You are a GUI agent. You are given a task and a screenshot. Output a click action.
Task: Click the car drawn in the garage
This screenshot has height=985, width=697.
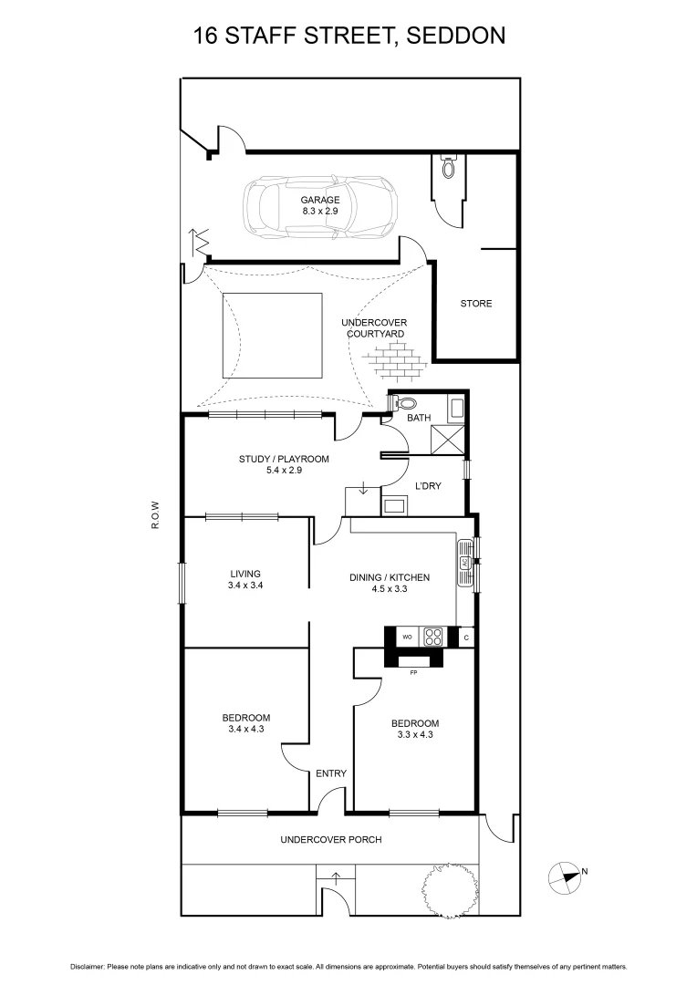tap(320, 207)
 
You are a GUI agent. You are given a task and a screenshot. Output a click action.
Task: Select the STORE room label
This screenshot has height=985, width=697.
tap(475, 304)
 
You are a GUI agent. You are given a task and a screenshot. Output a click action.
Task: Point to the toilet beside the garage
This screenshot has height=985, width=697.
tap(448, 168)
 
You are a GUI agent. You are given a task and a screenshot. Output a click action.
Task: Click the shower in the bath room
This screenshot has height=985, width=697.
tap(448, 441)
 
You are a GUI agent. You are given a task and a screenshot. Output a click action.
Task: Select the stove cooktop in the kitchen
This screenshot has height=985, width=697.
tap(432, 638)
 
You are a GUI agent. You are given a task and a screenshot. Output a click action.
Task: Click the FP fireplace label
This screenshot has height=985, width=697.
tap(413, 672)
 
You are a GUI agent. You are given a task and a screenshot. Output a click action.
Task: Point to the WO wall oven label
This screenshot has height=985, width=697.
tap(407, 638)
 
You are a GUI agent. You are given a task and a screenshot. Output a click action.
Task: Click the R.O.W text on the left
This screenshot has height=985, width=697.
tap(157, 516)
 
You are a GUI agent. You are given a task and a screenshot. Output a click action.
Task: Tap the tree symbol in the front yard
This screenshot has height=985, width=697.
tap(447, 886)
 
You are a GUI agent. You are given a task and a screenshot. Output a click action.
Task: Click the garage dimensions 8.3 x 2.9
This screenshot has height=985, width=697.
tap(320, 212)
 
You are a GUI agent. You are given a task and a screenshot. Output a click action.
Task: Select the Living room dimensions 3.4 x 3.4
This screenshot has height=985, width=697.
tap(246, 586)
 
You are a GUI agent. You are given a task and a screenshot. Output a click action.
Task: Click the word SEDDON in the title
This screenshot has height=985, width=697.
tap(456, 36)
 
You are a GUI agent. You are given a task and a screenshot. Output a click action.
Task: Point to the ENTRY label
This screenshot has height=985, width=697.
tap(331, 773)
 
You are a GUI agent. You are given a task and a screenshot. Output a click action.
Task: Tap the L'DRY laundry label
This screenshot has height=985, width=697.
tap(428, 486)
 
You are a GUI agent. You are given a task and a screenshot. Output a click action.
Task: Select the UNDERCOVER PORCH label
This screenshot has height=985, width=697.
tap(330, 839)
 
